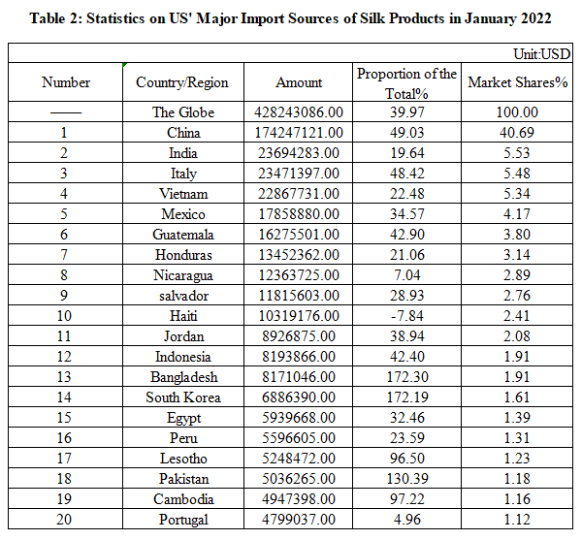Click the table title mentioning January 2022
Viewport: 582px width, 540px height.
point(291,18)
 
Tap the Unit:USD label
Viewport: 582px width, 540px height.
point(543,54)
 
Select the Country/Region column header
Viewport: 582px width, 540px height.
point(182,82)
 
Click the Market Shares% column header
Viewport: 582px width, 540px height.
point(516,82)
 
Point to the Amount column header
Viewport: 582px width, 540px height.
point(299,82)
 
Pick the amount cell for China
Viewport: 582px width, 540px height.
point(299,133)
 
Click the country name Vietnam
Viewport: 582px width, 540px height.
point(182,194)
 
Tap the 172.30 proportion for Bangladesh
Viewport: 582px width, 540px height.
point(406,377)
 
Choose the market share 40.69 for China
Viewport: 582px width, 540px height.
point(516,133)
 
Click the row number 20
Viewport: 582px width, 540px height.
point(66,520)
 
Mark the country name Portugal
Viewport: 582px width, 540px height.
point(182,520)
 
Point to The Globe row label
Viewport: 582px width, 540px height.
point(182,112)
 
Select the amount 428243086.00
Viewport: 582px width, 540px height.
point(299,112)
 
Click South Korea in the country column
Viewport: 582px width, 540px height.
point(182,397)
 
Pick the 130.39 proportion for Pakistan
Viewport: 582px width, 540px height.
point(406,479)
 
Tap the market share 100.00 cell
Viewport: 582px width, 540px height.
point(516,112)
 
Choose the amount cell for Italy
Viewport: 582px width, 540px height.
point(299,174)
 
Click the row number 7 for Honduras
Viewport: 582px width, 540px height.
point(66,255)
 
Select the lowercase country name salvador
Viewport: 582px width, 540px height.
point(182,296)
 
